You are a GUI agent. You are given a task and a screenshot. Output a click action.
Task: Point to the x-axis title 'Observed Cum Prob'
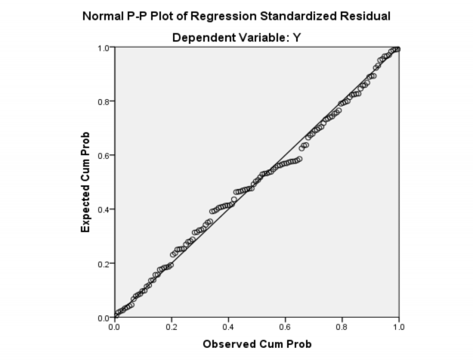click(x=257, y=345)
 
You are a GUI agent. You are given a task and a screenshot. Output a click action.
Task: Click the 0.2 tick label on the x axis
click(x=172, y=327)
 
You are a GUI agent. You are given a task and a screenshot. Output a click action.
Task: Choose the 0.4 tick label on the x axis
click(x=228, y=327)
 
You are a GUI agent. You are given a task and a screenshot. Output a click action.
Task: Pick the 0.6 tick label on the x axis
click(x=286, y=327)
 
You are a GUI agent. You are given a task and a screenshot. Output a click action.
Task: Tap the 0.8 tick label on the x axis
click(x=342, y=327)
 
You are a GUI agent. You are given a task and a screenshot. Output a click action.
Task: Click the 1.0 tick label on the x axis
click(x=399, y=327)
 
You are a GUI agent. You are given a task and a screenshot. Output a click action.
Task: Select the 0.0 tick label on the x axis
click(x=114, y=327)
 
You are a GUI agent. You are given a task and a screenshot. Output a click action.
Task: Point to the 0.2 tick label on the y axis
click(x=104, y=263)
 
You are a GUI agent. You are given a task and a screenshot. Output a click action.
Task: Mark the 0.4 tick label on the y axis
click(x=104, y=209)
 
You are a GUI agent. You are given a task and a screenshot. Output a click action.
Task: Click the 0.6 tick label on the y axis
click(x=104, y=156)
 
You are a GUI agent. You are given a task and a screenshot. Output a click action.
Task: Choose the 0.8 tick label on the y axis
click(x=104, y=101)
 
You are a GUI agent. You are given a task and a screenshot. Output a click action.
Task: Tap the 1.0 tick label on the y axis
click(x=104, y=48)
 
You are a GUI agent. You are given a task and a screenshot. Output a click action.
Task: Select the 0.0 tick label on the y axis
click(x=104, y=317)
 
